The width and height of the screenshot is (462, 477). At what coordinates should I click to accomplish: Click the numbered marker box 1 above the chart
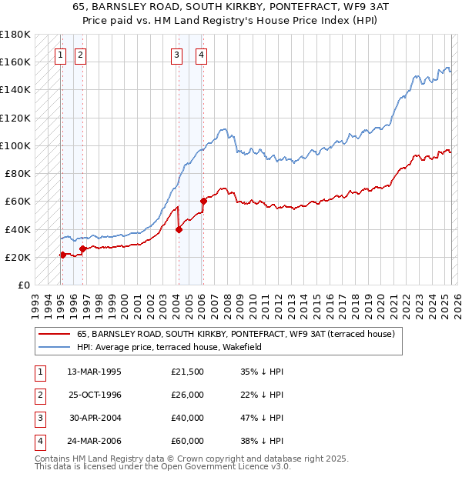point(60,55)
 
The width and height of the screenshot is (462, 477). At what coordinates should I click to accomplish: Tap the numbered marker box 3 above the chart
point(177,55)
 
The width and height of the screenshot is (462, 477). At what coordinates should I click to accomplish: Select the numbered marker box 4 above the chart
point(201,55)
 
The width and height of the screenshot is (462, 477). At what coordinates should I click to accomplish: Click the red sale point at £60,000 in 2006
point(204,202)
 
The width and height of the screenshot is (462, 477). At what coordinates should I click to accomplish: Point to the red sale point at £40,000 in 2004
point(179,229)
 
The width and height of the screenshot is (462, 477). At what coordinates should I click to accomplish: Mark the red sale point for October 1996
point(83,249)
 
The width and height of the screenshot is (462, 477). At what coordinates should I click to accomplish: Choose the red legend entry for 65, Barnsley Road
point(236,334)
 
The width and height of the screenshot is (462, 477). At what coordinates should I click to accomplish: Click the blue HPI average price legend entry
point(169,347)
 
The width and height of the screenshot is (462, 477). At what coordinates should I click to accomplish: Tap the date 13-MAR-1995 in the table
point(95,372)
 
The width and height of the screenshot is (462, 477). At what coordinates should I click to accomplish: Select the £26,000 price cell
point(187,395)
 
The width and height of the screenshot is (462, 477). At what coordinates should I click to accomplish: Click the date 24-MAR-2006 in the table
point(95,442)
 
